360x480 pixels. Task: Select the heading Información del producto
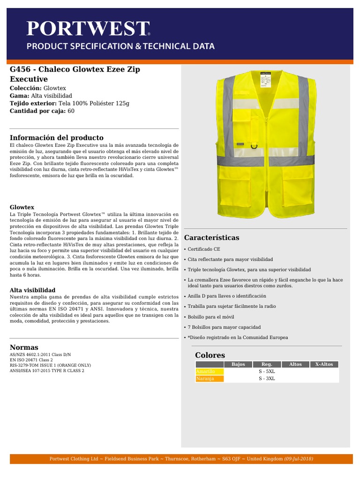click(57, 138)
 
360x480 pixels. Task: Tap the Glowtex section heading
click(22, 207)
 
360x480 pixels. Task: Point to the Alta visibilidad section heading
click(33, 290)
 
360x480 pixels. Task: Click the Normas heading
click(24, 347)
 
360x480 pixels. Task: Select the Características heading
click(211, 238)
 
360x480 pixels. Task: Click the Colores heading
click(210, 355)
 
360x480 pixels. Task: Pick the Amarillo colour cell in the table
click(210, 371)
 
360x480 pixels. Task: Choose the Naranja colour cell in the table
click(210, 379)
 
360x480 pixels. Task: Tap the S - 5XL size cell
click(267, 371)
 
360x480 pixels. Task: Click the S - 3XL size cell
click(267, 379)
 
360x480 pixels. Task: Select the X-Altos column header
click(324, 364)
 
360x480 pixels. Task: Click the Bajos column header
click(238, 364)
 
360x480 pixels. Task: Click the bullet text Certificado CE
click(204, 249)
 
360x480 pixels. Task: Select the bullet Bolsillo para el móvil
click(211, 317)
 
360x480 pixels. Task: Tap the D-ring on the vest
click(254, 145)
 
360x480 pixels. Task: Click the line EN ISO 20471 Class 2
click(31, 360)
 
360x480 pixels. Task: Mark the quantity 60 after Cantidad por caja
click(71, 111)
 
